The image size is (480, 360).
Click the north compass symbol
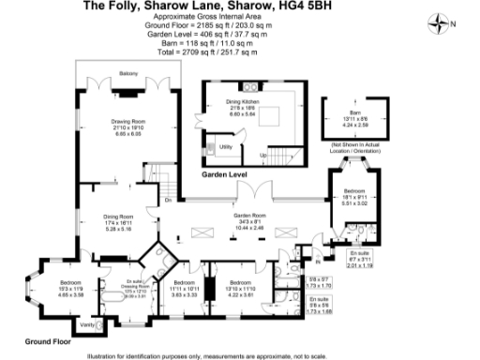point(441,22)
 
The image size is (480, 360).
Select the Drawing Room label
point(129,122)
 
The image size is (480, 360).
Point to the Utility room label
point(225,146)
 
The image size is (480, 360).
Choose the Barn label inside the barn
point(354,109)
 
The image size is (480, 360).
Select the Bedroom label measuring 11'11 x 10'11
point(183,282)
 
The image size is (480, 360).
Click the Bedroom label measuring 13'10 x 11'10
point(242,282)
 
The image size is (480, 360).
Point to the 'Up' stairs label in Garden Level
point(263,154)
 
